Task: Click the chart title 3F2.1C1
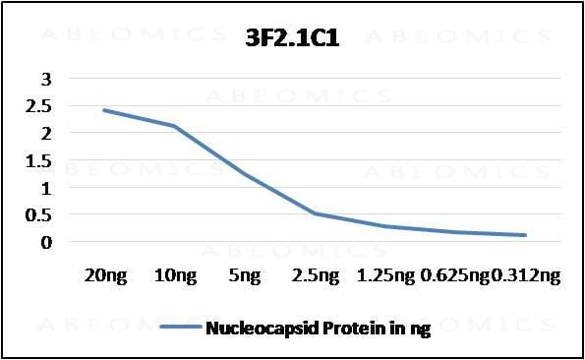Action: [x=293, y=41]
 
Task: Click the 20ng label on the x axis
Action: [x=104, y=276]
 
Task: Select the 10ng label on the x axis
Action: [x=174, y=276]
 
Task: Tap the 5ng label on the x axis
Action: [x=245, y=276]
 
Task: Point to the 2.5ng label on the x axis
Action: [x=315, y=276]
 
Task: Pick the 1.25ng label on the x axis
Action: [x=384, y=276]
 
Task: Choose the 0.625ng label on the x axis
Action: [x=455, y=276]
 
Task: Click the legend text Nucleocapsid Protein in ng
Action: [x=318, y=329]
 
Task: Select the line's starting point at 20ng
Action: [x=104, y=110]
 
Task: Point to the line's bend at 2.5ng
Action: [x=315, y=213]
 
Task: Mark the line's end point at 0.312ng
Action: [x=525, y=235]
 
